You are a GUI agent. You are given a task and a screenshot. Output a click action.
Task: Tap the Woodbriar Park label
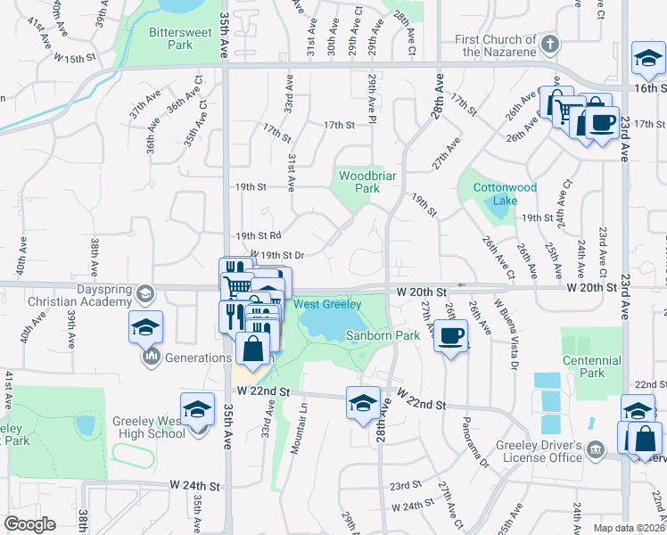[361, 182]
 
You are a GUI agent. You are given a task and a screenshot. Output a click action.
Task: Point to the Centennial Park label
[592, 366]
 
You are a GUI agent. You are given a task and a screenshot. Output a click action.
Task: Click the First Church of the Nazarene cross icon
[551, 44]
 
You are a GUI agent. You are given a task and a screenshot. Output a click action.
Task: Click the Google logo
[29, 524]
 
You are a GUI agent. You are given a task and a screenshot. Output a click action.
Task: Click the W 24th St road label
[195, 486]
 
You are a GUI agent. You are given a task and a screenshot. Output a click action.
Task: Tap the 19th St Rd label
[259, 235]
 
